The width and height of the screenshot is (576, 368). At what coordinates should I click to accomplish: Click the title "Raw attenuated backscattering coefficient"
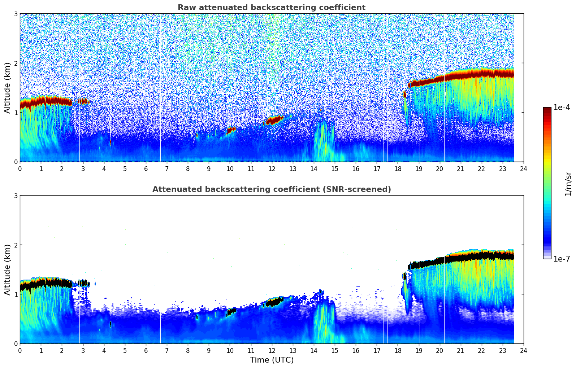(271, 8)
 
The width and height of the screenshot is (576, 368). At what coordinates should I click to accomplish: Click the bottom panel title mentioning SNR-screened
(271, 189)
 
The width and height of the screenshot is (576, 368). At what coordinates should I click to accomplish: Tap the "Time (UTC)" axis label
(272, 360)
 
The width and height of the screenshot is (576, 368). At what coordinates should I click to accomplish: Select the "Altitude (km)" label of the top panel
(7, 88)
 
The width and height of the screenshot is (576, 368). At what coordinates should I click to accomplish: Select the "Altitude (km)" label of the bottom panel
(7, 270)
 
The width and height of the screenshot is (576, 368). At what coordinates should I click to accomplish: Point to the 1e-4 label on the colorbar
(562, 108)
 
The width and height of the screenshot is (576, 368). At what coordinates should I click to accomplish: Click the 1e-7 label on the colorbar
(562, 259)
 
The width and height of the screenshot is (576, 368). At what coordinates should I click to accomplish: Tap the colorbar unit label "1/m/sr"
(568, 184)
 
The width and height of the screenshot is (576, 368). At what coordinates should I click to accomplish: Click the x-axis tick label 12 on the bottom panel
(272, 351)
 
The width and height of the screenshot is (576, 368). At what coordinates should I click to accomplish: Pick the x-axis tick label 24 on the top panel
(524, 169)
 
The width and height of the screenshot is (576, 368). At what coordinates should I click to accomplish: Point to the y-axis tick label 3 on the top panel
(16, 14)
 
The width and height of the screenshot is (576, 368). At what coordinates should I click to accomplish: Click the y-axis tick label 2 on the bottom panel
(16, 245)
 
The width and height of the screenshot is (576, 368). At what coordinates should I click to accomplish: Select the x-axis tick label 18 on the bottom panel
(398, 351)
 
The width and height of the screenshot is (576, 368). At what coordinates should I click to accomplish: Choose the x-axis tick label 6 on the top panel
(146, 169)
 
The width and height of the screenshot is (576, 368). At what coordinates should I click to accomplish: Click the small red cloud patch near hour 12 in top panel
(274, 120)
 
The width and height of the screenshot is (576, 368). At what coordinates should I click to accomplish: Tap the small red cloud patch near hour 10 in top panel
(231, 130)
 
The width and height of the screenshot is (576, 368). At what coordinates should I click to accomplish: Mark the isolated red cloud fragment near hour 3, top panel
(83, 101)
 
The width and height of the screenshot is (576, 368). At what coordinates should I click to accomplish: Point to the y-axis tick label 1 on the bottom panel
(16, 294)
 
